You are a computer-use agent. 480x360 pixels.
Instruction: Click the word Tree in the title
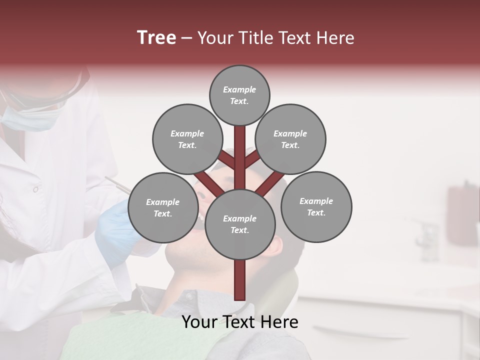(x=156, y=38)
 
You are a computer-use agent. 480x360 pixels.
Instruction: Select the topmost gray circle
(x=239, y=95)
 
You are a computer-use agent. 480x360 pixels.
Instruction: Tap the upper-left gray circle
(x=187, y=139)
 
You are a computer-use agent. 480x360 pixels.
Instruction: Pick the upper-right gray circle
(x=290, y=139)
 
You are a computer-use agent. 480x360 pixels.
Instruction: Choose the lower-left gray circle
(x=162, y=207)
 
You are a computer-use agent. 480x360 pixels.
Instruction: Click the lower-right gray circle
(x=316, y=206)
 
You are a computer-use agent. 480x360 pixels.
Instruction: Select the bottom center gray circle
(x=240, y=224)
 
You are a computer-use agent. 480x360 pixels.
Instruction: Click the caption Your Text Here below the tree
(x=240, y=322)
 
